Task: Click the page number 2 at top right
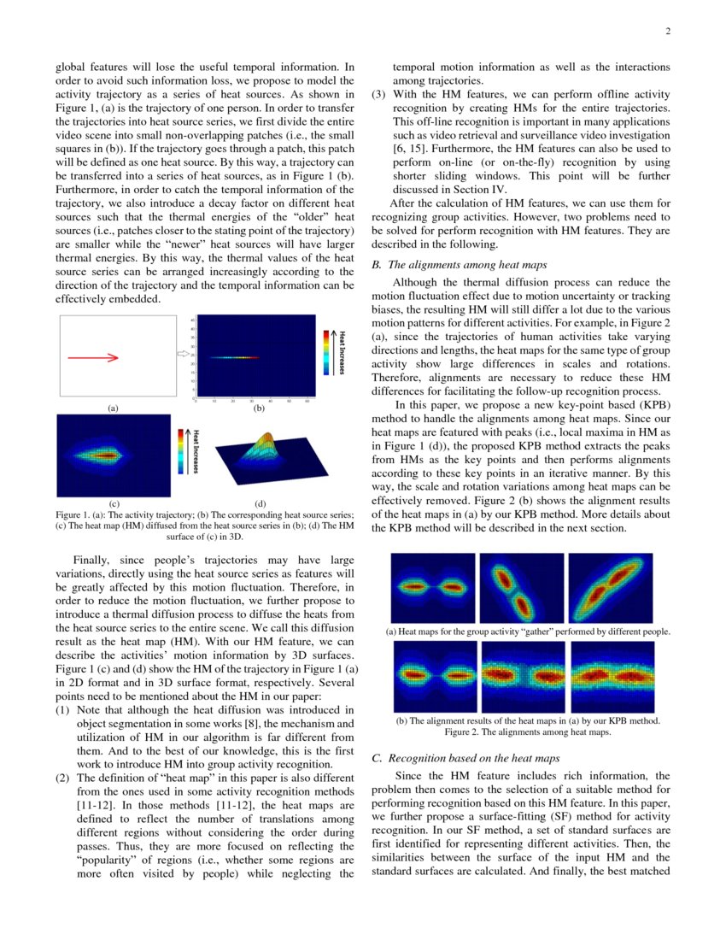(x=668, y=32)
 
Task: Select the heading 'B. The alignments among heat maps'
(x=460, y=265)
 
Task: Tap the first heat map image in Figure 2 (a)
(x=433, y=588)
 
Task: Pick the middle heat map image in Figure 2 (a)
(x=521, y=588)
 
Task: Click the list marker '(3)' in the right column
(x=381, y=94)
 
